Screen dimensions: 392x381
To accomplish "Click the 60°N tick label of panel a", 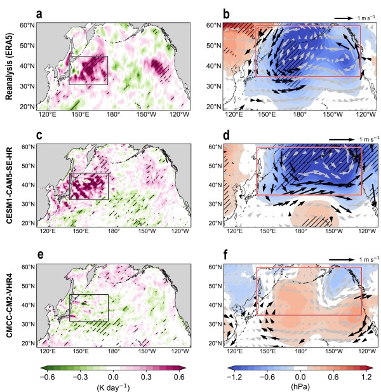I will (28, 25).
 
